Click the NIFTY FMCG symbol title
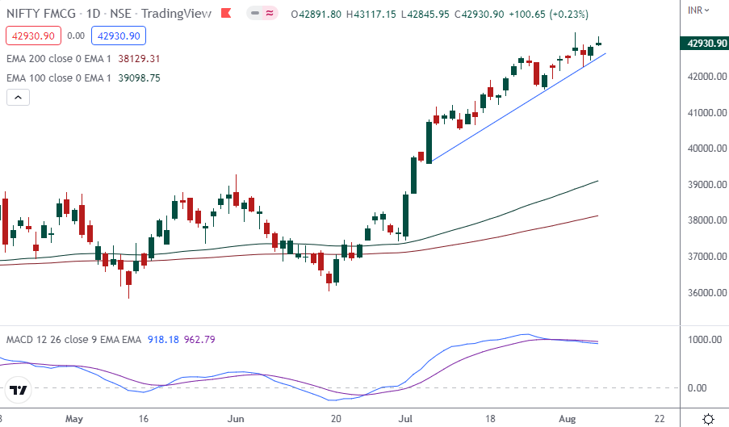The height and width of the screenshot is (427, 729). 44,15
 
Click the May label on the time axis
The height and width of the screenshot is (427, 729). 74,419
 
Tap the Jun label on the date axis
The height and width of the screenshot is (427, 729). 237,419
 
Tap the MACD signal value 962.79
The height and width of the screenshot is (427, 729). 199,340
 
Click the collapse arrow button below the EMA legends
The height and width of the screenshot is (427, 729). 18,98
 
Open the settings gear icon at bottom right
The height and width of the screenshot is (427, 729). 708,419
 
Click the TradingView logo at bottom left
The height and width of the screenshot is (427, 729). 19,391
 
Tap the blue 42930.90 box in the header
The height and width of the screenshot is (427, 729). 118,36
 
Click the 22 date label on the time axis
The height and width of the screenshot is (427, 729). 660,419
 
